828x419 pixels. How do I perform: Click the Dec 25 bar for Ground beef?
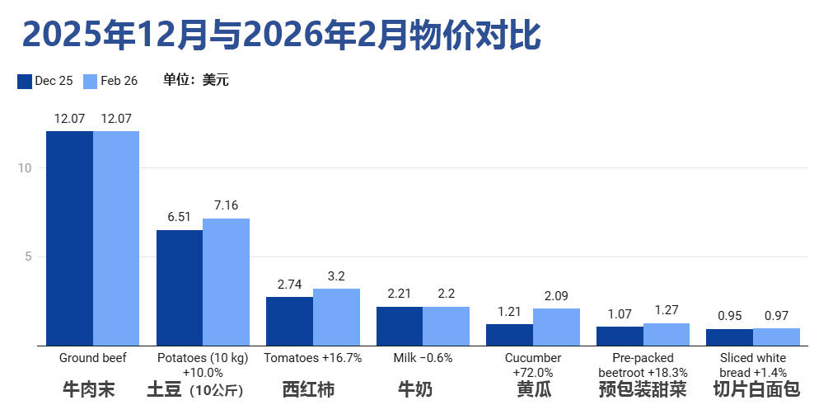click(69, 238)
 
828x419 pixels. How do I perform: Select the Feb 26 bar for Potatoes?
click(226, 282)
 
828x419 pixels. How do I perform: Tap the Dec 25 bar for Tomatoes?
click(289, 321)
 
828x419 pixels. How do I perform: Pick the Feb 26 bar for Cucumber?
click(556, 327)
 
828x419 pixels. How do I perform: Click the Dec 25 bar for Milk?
click(400, 326)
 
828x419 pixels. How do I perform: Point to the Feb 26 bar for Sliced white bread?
click(776, 337)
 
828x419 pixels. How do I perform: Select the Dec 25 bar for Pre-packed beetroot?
click(620, 336)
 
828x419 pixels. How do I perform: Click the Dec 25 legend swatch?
click(24, 81)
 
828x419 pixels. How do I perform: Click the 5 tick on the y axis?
click(27, 257)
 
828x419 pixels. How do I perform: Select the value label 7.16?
click(226, 205)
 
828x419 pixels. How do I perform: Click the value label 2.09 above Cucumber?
click(556, 295)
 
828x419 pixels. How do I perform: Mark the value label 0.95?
click(729, 315)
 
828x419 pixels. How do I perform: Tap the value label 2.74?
click(289, 284)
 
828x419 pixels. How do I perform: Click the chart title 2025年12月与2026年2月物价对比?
click(281, 35)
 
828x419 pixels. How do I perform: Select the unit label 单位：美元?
click(195, 80)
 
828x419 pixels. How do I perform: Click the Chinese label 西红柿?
click(308, 389)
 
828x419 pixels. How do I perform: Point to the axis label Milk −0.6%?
click(423, 358)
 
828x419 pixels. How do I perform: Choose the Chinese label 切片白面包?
click(756, 389)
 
